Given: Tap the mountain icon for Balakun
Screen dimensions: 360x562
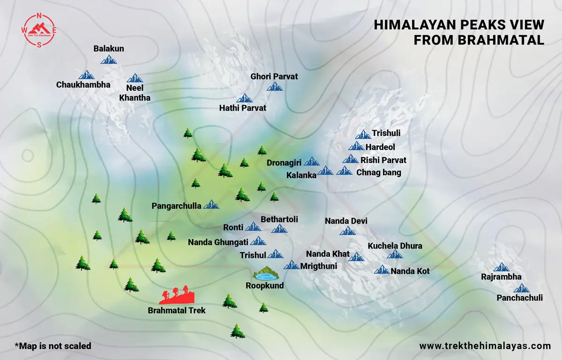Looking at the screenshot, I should point(109,59).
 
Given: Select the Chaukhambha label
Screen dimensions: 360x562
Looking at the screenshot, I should point(83,85).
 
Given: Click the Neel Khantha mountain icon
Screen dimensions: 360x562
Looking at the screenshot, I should point(135,78).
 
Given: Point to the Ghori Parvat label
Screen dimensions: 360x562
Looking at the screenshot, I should point(274,76).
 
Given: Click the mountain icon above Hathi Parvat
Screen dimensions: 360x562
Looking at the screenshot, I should point(244,98).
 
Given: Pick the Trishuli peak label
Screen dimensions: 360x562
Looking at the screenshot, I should point(386,134).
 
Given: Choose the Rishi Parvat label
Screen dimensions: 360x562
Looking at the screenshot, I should point(383,160).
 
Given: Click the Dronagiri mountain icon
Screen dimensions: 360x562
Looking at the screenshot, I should point(311,162).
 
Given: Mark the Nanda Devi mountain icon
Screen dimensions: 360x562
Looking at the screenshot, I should point(348,231).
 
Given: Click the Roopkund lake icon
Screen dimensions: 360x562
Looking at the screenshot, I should point(265,273).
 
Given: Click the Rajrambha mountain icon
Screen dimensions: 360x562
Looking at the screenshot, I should point(502,267).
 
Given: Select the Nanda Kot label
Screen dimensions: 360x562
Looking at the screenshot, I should point(410,271).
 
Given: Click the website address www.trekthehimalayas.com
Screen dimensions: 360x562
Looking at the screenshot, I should point(485,346).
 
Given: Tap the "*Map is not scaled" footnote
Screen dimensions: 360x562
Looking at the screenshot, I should point(53,346).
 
